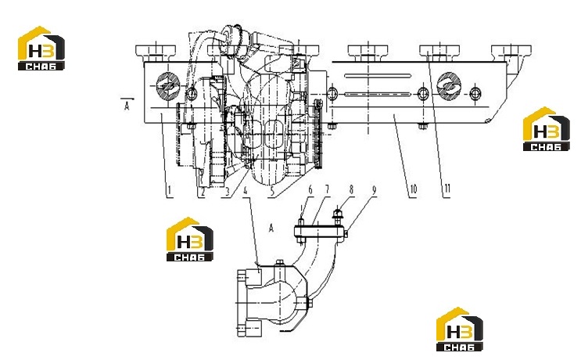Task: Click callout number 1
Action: [x=170, y=190]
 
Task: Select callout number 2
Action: [x=203, y=191]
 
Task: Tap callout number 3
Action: [x=228, y=191]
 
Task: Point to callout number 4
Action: [x=245, y=191]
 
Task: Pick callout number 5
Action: [x=273, y=191]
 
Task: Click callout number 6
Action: [x=310, y=190]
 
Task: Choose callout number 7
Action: [x=327, y=189]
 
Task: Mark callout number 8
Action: [x=351, y=189]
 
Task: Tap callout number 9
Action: [x=375, y=190]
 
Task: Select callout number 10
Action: [x=413, y=189]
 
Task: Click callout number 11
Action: [x=447, y=189]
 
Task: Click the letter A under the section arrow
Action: [x=127, y=106]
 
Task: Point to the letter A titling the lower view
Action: [x=271, y=228]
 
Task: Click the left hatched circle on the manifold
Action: [x=168, y=86]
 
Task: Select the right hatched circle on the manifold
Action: [x=449, y=86]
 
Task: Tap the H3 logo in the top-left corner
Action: [x=41, y=49]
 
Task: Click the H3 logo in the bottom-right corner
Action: [x=460, y=329]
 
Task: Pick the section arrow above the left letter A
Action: [x=127, y=99]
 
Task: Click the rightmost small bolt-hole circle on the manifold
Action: [x=475, y=93]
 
